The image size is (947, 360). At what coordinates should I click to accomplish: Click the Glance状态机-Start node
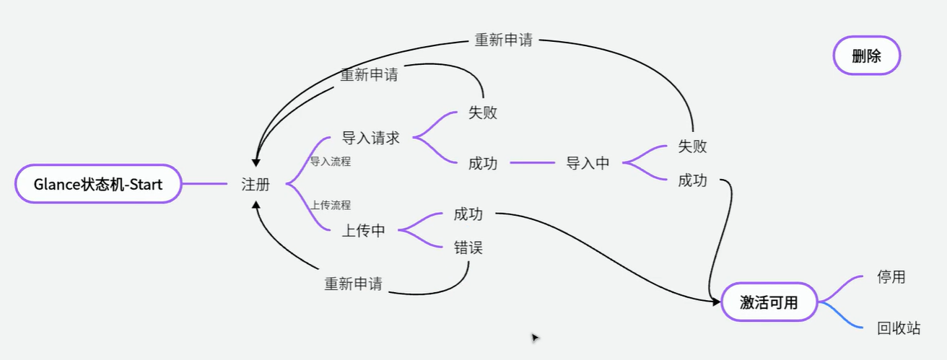pos(97,184)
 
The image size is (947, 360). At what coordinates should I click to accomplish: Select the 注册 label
pos(256,185)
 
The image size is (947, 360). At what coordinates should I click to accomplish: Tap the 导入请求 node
pos(370,138)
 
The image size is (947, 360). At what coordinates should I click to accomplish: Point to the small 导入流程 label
pos(331,162)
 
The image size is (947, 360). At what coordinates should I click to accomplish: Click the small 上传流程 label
pos(331,205)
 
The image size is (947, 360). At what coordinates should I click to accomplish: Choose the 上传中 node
pos(363,231)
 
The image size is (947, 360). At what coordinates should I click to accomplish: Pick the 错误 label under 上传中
pos(468,248)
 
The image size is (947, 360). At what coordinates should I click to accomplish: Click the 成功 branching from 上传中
pos(468,214)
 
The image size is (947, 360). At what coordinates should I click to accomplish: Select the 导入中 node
pos(588,163)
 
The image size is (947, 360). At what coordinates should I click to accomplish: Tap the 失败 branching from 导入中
pos(692,146)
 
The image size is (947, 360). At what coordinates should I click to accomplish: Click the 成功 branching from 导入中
pos(692,180)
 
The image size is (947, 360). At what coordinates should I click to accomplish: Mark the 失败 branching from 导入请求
pos(482,113)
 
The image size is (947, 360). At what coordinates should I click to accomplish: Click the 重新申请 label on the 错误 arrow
pos(353,284)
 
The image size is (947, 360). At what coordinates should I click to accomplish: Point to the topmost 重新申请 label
pos(503,40)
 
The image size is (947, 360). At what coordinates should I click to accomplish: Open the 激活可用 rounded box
pos(769,302)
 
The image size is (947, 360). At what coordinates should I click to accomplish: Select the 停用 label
pos(891,277)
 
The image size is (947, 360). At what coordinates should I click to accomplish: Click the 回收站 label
pos(899,328)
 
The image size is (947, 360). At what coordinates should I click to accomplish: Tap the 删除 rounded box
pos(866,56)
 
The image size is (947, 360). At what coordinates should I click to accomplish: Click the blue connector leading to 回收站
pos(841,317)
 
